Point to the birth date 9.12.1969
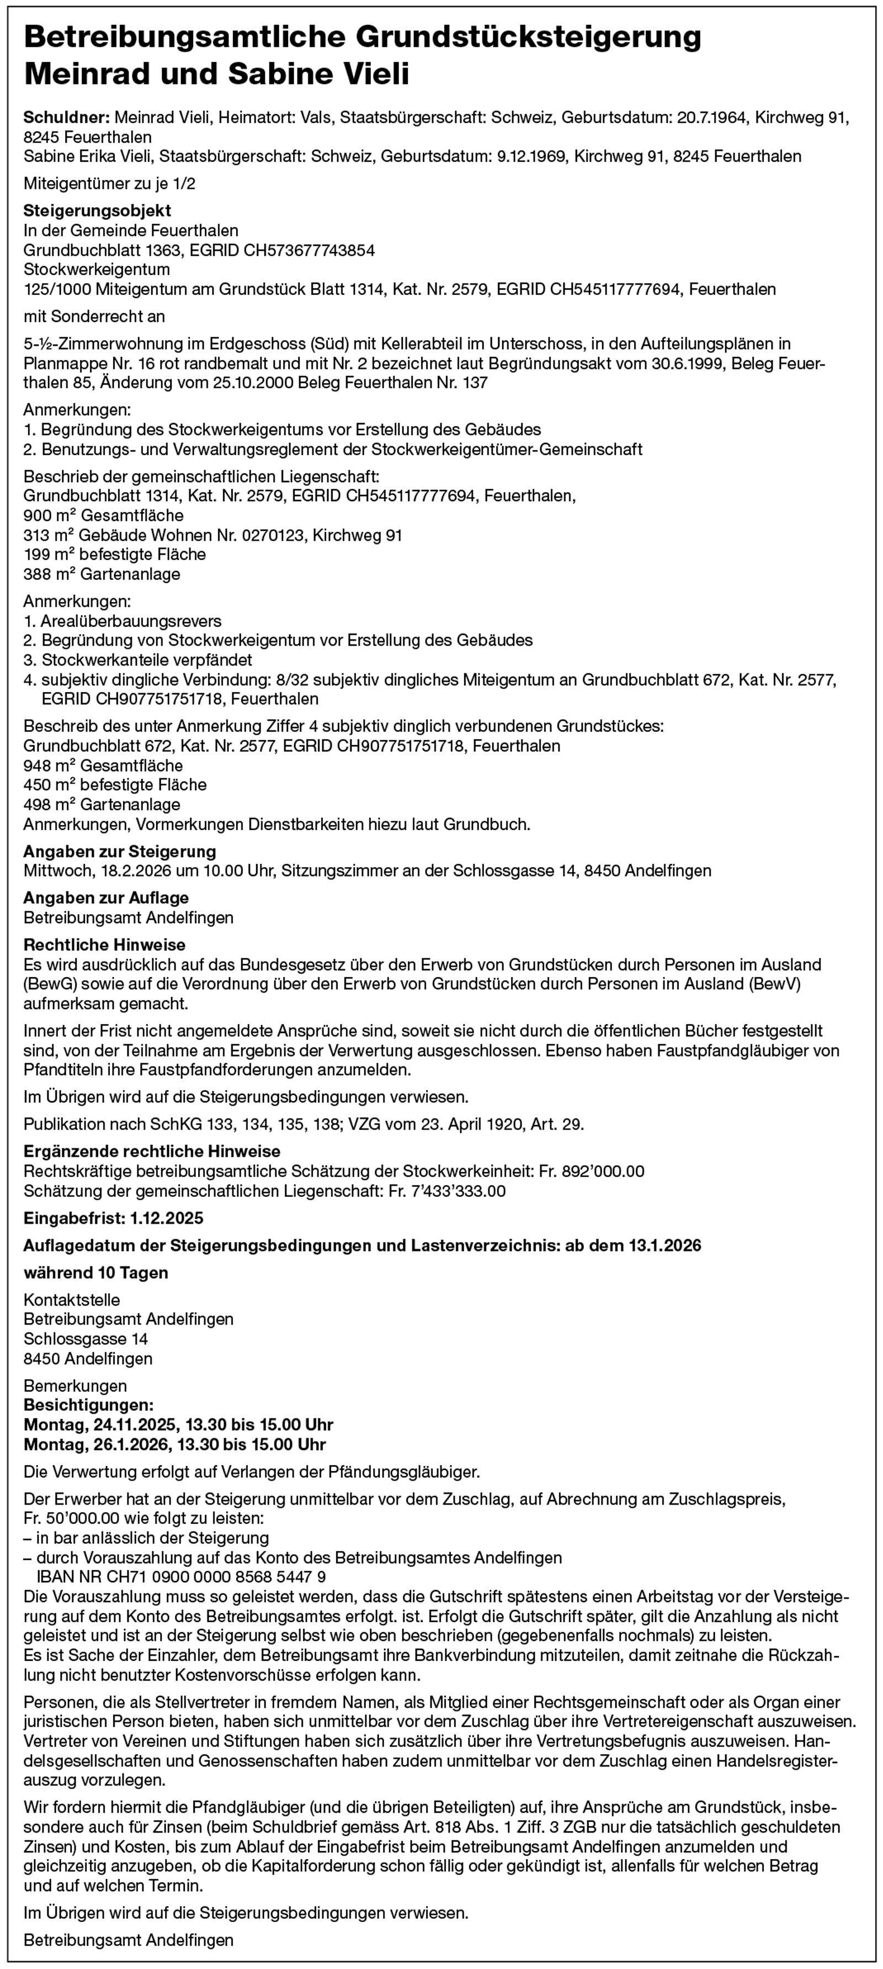click(x=531, y=157)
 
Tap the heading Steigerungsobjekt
click(x=97, y=210)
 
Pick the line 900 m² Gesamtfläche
click(x=103, y=516)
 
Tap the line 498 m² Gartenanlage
click(x=102, y=805)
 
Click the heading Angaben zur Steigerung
click(x=120, y=851)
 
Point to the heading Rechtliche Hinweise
click(x=105, y=945)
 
